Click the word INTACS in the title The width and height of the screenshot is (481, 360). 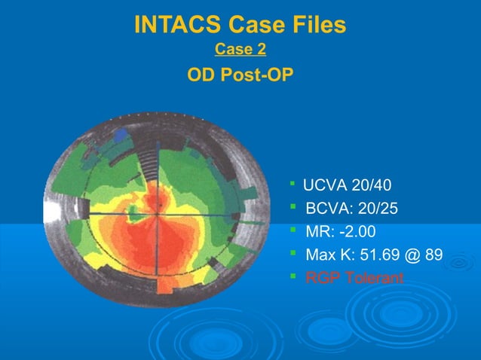pos(177,26)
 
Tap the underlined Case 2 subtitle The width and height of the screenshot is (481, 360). pos(240,50)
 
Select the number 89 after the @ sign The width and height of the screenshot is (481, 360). pos(434,255)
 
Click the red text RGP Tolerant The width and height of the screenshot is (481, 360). pos(354,278)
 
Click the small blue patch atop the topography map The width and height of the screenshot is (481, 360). pos(120,134)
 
